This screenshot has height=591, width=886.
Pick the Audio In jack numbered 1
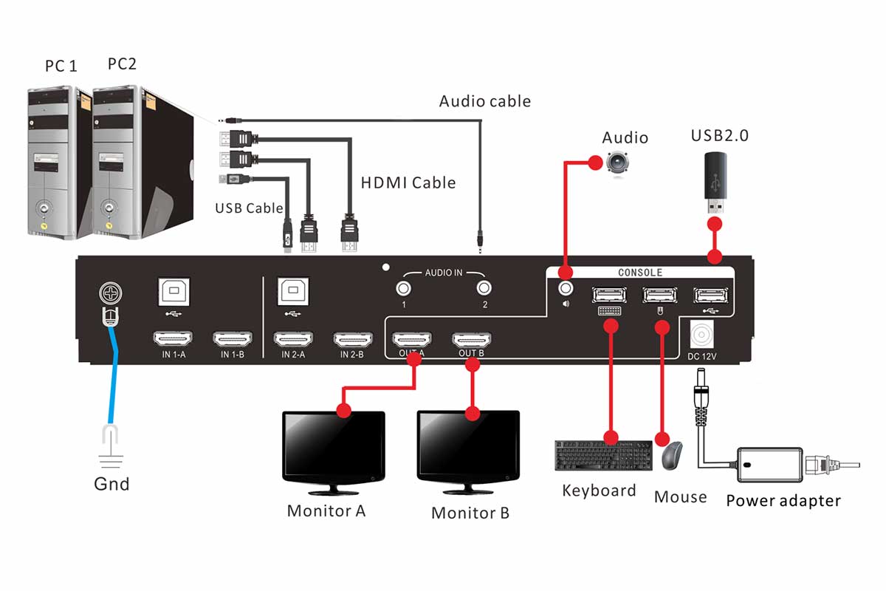[x=404, y=289]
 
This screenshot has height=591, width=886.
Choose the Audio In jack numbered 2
[x=484, y=289]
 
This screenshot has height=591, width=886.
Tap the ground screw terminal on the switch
[x=109, y=295]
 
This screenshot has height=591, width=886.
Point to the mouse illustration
[x=671, y=456]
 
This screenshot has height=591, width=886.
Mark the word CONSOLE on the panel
[x=639, y=273]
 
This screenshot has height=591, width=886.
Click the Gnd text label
[x=111, y=485]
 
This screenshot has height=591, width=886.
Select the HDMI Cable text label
[x=408, y=182]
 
